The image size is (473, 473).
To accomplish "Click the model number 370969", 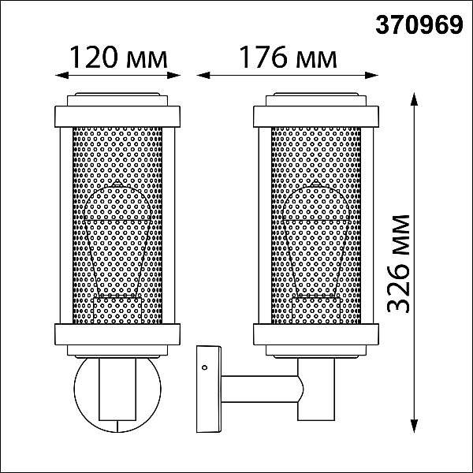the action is click(419, 24).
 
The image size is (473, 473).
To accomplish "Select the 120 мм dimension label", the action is click(118, 58).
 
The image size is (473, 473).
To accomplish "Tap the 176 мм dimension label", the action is click(288, 58).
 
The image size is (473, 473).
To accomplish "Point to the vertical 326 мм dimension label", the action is click(398, 264).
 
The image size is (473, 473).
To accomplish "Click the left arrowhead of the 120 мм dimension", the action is click(61, 76).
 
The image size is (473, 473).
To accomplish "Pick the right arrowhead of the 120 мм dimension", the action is click(173, 76).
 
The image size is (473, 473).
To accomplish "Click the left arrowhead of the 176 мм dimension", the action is click(203, 76).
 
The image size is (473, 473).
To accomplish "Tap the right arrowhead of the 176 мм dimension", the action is click(371, 76).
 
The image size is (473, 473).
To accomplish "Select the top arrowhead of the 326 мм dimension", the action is click(415, 99).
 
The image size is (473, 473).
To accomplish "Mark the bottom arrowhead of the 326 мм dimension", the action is click(415, 426).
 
